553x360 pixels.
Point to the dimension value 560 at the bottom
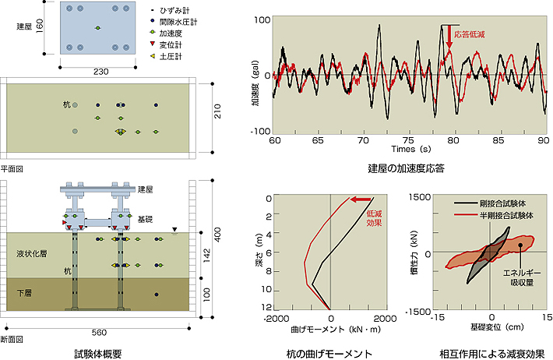point(99,332)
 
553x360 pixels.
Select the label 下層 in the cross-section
point(25,293)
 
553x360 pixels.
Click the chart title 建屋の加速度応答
point(406,168)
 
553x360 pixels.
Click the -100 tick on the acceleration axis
point(261,131)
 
